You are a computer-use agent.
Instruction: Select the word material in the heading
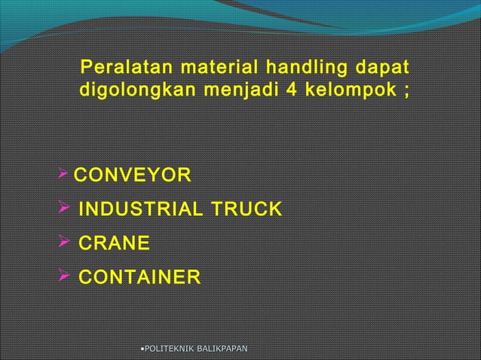coord(200,70)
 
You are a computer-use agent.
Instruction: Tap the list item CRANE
coord(114,244)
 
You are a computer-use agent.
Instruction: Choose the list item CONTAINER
coord(140,279)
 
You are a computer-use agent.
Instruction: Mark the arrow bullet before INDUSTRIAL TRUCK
coord(63,209)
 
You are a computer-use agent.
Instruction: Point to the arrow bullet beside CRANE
coord(63,243)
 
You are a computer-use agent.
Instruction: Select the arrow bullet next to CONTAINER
coord(63,278)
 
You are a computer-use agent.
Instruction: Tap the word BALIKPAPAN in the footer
coord(222,348)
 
